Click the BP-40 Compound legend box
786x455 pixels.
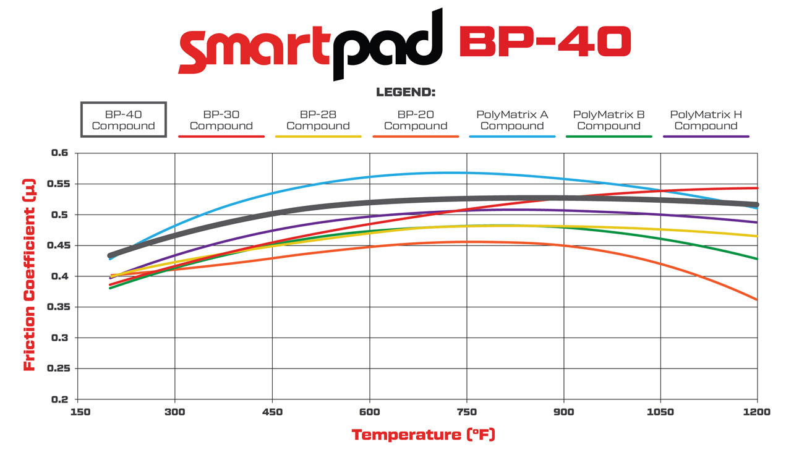(x=124, y=120)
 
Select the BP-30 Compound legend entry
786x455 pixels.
(x=221, y=120)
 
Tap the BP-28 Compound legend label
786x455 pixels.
(x=318, y=120)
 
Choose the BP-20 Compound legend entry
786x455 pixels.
(x=415, y=120)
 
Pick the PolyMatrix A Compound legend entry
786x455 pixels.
(x=512, y=120)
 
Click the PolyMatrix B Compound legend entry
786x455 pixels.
(x=609, y=120)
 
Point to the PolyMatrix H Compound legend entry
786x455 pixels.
(x=706, y=120)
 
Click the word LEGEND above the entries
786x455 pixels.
(x=406, y=93)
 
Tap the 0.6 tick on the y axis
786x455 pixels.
(x=61, y=153)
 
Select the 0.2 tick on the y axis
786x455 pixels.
(x=61, y=399)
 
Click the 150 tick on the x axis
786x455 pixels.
(x=78, y=412)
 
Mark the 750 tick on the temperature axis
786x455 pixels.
(x=466, y=412)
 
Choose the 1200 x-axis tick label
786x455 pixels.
(x=758, y=412)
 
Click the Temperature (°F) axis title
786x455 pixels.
(x=423, y=435)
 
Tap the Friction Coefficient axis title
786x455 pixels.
(x=29, y=275)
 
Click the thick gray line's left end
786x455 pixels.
(x=111, y=255)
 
